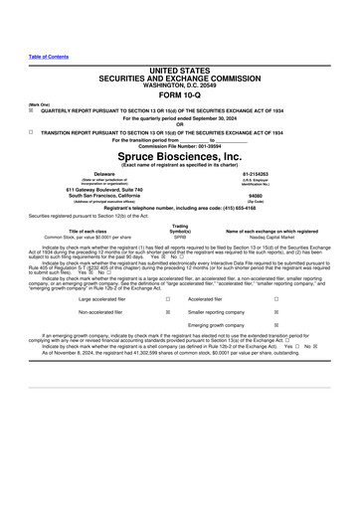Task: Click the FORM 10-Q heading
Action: point(179,97)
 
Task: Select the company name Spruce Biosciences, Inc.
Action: point(179,156)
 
